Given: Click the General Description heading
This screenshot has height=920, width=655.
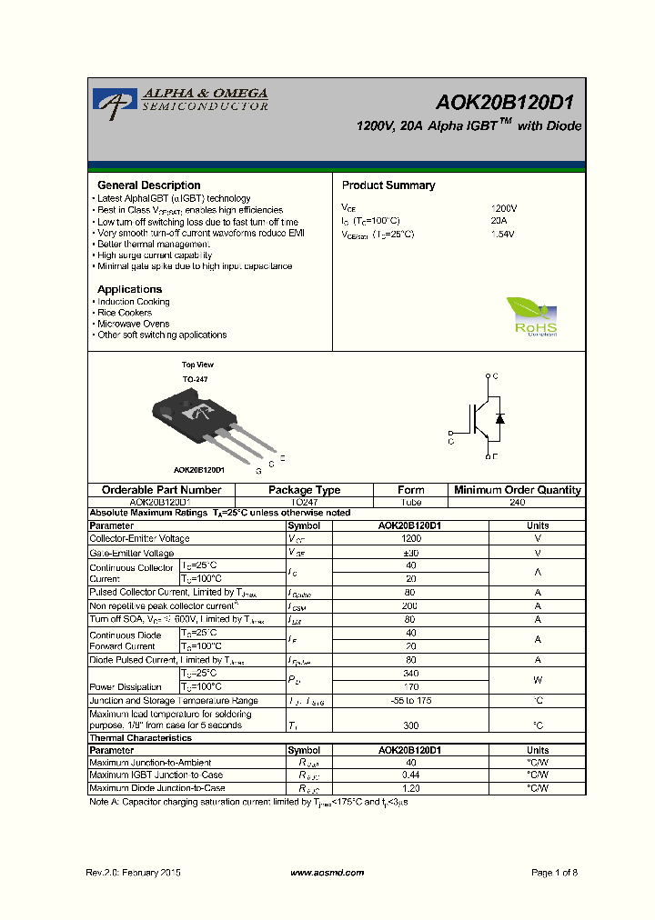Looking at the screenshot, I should tap(149, 185).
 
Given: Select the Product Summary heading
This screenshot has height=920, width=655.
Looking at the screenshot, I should tap(388, 185).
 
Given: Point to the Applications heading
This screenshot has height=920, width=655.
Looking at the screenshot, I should tap(130, 289).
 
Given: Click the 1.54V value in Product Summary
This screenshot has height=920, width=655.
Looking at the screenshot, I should tap(502, 234).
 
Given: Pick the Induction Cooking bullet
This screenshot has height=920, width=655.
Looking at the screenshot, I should tap(133, 302).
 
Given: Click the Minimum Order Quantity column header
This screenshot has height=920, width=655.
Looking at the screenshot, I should tap(517, 490).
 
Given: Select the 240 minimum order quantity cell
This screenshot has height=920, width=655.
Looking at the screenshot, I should tap(517, 502).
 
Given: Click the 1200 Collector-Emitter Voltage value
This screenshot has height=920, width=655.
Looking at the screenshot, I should tap(410, 538).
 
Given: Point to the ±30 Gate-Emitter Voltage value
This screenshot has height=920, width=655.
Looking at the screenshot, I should tap(410, 553).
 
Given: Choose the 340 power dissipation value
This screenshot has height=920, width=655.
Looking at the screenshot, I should tap(410, 674).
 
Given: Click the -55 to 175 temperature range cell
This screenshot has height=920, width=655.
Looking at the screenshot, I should tap(410, 701).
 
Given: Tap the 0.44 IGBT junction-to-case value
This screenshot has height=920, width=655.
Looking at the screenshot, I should tap(410, 775).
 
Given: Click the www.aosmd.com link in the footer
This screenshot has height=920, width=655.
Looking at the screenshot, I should tap(327, 873).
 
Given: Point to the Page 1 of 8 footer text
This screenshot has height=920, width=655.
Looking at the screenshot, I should tap(554, 873).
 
